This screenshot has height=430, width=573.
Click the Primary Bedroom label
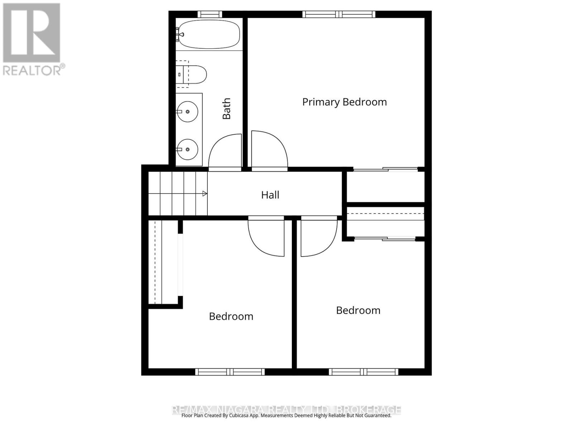click(x=344, y=102)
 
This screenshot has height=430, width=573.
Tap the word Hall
click(x=270, y=195)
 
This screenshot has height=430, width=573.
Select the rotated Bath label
click(x=226, y=109)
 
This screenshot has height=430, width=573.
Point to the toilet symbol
click(x=192, y=74)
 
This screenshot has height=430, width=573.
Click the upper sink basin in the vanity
click(x=188, y=111)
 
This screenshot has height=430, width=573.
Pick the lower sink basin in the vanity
click(x=188, y=149)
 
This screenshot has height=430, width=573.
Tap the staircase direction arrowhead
click(x=205, y=194)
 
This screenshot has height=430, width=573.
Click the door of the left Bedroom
click(x=266, y=236)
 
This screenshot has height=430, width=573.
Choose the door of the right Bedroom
click(x=319, y=236)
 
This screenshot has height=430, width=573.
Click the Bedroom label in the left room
click(x=231, y=316)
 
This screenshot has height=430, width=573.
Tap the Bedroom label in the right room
click(x=358, y=310)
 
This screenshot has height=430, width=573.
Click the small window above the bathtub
click(x=210, y=14)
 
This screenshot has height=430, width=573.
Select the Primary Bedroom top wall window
click(x=339, y=14)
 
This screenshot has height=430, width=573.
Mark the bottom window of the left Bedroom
click(x=230, y=372)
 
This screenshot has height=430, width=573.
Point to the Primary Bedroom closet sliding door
click(x=385, y=169)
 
